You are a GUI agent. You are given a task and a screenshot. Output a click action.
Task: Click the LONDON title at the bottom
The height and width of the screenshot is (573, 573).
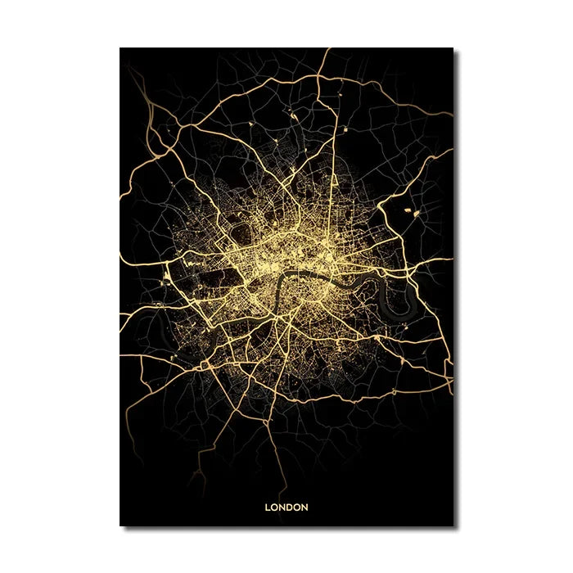pyautogui.click(x=286, y=508)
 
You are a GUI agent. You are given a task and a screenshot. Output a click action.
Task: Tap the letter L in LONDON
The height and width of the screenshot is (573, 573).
pyautogui.click(x=268, y=508)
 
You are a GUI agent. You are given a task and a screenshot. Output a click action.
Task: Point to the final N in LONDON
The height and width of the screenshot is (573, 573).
pyautogui.click(x=305, y=508)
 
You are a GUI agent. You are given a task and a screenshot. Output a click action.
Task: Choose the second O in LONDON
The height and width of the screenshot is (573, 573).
pyautogui.click(x=297, y=508)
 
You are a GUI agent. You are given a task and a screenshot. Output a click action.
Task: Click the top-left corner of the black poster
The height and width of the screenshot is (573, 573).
pyautogui.click(x=120, y=48)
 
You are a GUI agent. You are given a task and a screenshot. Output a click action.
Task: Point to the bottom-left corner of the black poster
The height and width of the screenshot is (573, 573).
pyautogui.click(x=120, y=526)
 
